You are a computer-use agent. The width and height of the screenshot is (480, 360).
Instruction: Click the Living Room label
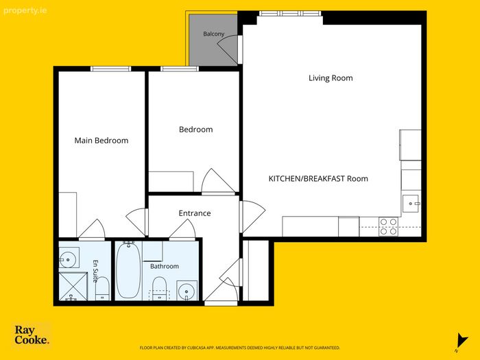(331, 78)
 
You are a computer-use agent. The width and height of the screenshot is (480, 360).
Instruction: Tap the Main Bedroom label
(101, 141)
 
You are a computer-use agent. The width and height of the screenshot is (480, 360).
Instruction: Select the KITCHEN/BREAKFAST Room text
(318, 178)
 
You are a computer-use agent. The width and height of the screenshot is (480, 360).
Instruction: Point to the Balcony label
(214, 34)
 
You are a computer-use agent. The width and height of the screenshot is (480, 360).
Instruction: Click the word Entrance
(195, 213)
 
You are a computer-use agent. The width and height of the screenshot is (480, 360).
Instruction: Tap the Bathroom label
(165, 266)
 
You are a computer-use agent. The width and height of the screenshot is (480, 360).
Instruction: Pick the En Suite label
(95, 272)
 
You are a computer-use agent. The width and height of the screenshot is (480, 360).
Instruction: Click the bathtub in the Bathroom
(129, 269)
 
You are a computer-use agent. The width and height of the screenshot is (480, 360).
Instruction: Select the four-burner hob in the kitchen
(388, 226)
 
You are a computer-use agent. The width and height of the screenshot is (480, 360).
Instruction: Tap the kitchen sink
(411, 203)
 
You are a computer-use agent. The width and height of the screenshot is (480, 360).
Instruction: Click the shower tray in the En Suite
(73, 286)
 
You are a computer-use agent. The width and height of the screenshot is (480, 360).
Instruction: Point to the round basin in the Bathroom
(187, 291)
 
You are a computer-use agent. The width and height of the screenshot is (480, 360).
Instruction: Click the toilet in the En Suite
(102, 289)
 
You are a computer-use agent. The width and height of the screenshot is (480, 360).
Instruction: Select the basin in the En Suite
(68, 260)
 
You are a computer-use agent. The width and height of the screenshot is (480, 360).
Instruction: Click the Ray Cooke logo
(32, 335)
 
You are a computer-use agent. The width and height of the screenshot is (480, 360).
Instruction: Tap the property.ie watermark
(25, 11)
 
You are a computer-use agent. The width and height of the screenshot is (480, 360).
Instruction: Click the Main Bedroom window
(111, 69)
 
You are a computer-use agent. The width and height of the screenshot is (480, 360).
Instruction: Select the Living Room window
(290, 14)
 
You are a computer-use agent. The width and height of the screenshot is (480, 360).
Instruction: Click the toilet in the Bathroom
(159, 289)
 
